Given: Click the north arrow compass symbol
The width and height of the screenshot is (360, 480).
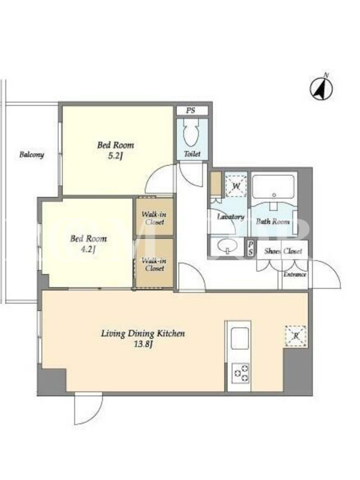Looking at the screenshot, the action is click(x=321, y=88).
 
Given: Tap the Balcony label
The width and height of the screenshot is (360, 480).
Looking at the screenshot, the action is click(x=32, y=155).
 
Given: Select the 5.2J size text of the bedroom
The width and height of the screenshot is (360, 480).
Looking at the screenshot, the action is click(x=115, y=157).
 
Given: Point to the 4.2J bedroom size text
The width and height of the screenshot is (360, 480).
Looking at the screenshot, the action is click(x=88, y=250).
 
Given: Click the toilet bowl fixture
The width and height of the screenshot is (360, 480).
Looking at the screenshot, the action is click(x=192, y=133).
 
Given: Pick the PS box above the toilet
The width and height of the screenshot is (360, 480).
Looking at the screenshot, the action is click(x=192, y=110).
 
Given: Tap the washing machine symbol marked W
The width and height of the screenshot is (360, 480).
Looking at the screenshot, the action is click(x=236, y=185).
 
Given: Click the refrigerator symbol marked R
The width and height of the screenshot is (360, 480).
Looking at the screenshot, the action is click(x=296, y=336).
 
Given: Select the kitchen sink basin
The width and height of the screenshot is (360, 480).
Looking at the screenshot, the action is click(x=239, y=338).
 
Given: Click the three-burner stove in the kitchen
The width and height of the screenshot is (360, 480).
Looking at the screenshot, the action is click(x=241, y=373).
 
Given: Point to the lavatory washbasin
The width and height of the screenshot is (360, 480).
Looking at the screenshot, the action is click(x=227, y=245).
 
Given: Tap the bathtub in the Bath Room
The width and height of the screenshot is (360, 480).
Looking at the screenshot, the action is click(x=274, y=187).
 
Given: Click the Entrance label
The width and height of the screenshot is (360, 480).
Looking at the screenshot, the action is click(x=295, y=275).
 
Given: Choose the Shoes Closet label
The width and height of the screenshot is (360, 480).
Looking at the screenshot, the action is click(x=283, y=251).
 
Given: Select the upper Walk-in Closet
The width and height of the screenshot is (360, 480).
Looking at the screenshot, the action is click(x=155, y=217).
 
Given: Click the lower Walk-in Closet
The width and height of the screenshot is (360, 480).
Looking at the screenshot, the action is click(x=155, y=263).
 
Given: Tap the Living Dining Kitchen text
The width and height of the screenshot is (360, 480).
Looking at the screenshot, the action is click(x=143, y=334).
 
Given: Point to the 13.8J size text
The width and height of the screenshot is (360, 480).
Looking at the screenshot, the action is click(x=143, y=344).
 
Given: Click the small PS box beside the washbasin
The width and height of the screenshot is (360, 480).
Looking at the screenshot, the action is click(x=251, y=248).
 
